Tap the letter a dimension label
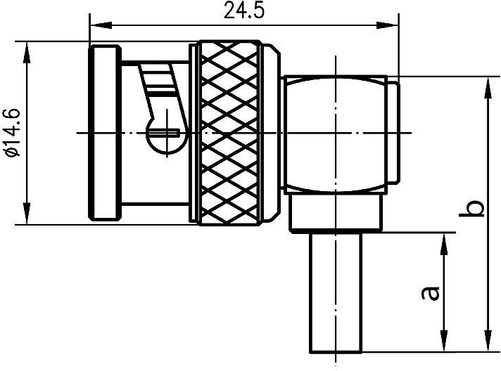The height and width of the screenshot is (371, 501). point(431,292)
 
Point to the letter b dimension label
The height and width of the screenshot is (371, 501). point(476,209)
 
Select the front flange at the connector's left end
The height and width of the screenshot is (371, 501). point(103,134)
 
